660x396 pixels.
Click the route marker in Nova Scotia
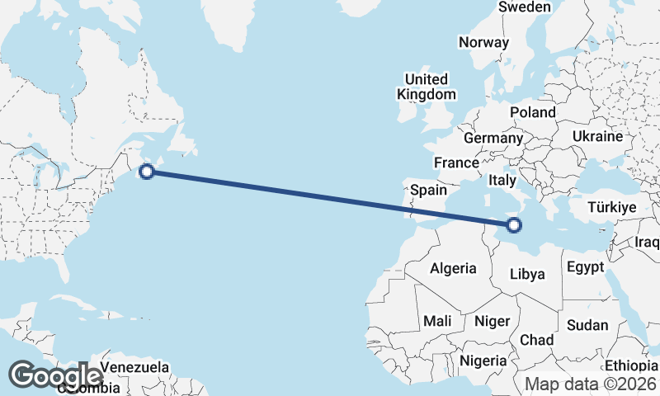tap(147, 172)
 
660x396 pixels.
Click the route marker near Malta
tap(514, 225)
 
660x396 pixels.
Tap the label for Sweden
tap(524, 7)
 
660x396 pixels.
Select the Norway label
tap(483, 42)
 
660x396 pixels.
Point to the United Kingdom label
tap(426, 87)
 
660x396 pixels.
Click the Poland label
tap(532, 112)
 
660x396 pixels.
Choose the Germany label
tap(493, 138)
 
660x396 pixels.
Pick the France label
tap(456, 163)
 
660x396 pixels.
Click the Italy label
tap(502, 180)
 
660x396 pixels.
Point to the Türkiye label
tap(611, 207)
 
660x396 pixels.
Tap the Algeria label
tap(453, 268)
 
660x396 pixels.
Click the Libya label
tap(528, 274)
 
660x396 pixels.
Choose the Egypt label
tap(586, 268)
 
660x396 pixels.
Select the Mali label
tap(437, 320)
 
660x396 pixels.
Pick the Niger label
tap(493, 320)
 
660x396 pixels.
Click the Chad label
tap(536, 340)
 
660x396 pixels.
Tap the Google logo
tap(55, 375)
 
